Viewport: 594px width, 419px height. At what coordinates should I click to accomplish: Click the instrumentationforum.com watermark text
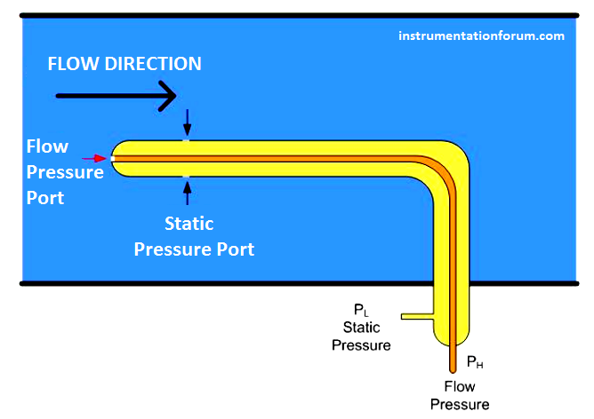coord(481,36)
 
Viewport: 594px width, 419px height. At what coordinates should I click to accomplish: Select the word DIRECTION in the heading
coord(153,64)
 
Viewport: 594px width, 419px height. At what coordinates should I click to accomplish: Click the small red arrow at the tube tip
coord(94,158)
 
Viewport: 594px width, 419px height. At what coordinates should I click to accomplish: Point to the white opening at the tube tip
coord(113,159)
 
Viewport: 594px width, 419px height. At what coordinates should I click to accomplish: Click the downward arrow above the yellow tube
coord(187,123)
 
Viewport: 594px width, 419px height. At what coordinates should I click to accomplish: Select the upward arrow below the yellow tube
coord(187,193)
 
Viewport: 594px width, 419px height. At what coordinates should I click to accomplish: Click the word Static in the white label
coord(189,224)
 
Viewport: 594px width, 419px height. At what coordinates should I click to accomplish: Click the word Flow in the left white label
coord(47,146)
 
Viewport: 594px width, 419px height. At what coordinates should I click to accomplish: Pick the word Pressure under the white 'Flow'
coord(65,172)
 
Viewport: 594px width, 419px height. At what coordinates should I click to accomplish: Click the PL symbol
coord(361,310)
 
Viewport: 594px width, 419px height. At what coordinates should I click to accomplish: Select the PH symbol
coord(475,362)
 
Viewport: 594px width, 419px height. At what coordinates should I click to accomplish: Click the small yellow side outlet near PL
coord(417,317)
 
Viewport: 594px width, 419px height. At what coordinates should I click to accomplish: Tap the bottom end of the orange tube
coord(453,370)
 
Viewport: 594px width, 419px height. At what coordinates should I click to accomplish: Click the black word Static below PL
coord(361,328)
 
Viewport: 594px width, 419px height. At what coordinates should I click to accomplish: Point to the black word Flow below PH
coord(460,386)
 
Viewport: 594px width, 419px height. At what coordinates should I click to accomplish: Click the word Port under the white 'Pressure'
coord(45,198)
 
